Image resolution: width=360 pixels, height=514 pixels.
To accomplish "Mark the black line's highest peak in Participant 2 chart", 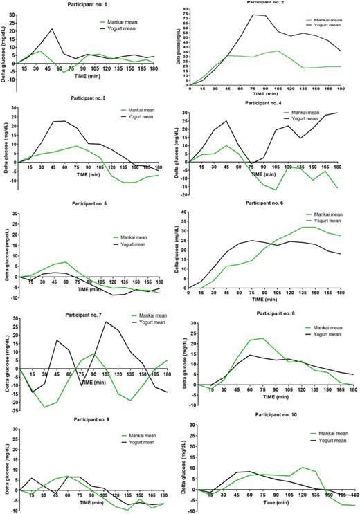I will (253, 15).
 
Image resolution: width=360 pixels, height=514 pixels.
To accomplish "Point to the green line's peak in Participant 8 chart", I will (262, 338).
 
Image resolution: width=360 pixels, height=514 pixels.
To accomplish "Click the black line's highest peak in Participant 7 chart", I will (107, 322).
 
